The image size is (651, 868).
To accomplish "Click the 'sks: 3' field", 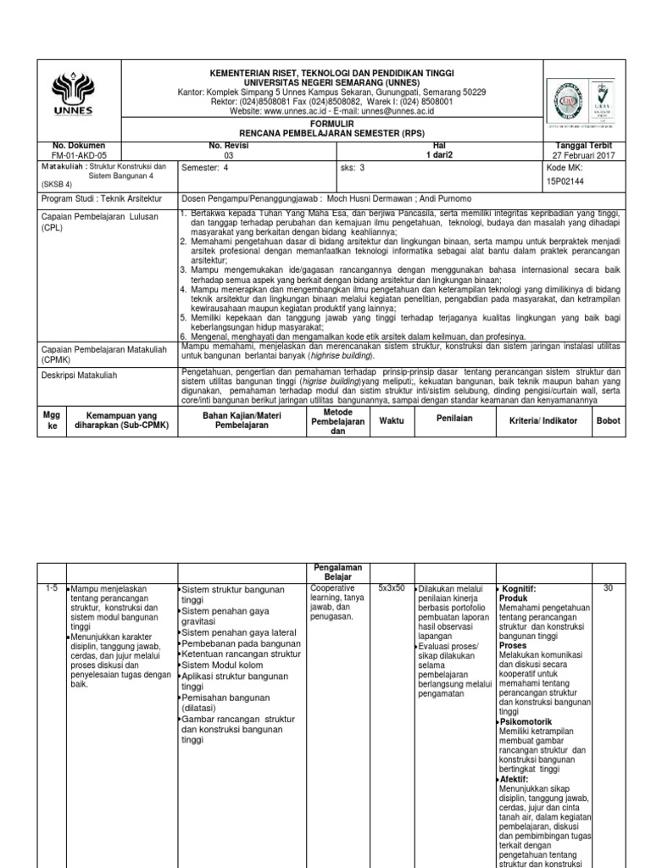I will (x=351, y=168).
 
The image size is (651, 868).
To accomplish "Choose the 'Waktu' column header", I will (x=392, y=420).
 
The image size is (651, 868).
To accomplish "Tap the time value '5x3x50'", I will (x=392, y=587).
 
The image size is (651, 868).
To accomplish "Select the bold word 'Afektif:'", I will (x=515, y=778).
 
